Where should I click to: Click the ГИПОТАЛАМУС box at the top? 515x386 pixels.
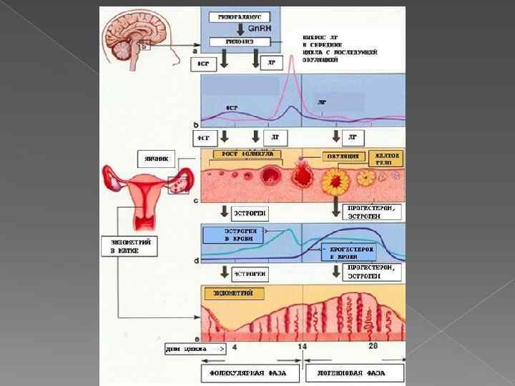(x=240, y=16)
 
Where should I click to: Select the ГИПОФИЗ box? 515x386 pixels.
(x=240, y=42)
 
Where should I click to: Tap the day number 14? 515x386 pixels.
(x=303, y=346)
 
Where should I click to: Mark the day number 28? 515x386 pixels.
(x=373, y=346)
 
